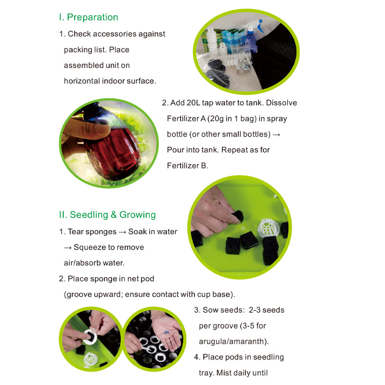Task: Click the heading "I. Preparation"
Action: (x=88, y=17)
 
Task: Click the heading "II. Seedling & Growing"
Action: (x=107, y=215)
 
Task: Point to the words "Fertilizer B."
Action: (x=188, y=166)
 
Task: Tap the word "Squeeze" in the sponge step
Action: (x=90, y=247)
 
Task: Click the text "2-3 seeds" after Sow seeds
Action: (x=267, y=310)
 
